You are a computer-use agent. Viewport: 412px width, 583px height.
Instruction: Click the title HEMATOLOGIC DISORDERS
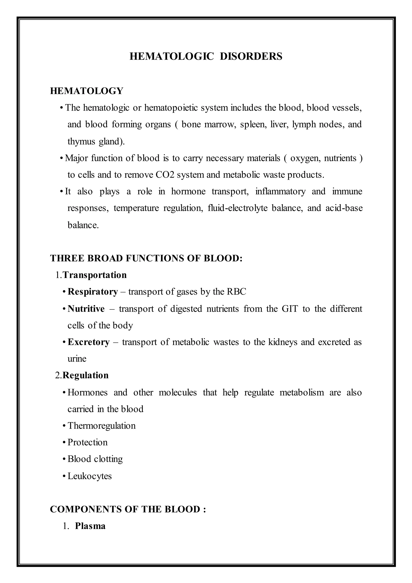coord(206,56)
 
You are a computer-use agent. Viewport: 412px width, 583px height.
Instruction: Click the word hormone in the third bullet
coord(188,191)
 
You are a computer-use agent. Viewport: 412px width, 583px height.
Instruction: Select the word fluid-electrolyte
coord(237,208)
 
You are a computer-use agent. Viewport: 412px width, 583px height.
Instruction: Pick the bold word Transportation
coord(95,275)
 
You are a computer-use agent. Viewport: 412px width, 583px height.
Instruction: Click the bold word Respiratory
coord(93,292)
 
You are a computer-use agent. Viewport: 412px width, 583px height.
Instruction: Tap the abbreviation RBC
coord(236,292)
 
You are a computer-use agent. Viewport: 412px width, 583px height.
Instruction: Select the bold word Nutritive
coord(86,309)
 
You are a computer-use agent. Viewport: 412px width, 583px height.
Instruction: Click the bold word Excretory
coord(89,342)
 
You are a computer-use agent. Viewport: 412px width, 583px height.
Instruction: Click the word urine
coord(77,359)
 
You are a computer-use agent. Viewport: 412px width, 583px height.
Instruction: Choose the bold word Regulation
coord(85,375)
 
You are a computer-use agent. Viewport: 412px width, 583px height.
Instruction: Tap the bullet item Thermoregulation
coord(101,426)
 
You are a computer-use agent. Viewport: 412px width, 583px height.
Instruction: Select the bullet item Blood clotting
coord(95,459)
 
